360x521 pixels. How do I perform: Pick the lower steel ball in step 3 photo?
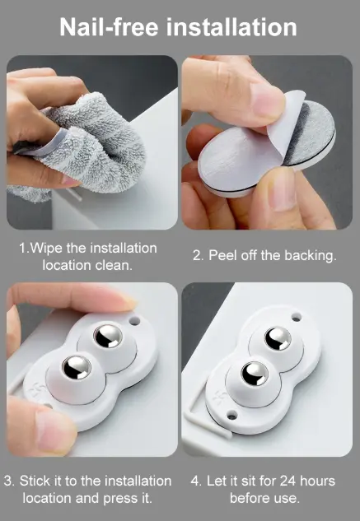[77, 367]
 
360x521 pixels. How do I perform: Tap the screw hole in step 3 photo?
[134, 321]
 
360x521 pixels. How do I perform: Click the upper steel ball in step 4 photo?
[278, 338]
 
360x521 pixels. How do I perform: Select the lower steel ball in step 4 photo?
[255, 374]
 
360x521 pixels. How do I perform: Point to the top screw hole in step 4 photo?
[296, 317]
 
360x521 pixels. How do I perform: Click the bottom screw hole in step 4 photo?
[231, 415]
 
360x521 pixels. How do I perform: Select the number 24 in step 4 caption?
[287, 481]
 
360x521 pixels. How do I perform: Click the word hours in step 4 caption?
[317, 481]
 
